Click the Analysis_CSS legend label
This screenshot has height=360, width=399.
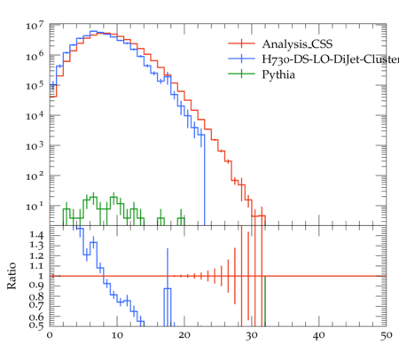click(x=297, y=44)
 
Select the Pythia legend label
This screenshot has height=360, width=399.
click(x=278, y=74)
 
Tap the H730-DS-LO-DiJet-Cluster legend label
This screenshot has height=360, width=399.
click(x=331, y=59)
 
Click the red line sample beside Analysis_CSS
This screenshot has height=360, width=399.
click(x=241, y=43)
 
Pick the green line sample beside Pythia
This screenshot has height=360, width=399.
click(x=241, y=74)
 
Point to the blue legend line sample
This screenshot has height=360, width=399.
click(x=241, y=59)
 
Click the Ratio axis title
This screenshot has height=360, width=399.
click(x=12, y=276)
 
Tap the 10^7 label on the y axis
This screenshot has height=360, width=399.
click(x=35, y=26)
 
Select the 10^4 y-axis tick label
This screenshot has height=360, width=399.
click(x=35, y=116)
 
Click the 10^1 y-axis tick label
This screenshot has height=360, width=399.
click(x=35, y=206)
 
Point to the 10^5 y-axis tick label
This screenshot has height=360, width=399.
click(x=35, y=86)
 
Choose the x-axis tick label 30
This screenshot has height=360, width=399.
click(x=252, y=336)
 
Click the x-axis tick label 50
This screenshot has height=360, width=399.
click(x=387, y=336)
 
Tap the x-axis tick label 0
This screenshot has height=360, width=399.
click(x=50, y=336)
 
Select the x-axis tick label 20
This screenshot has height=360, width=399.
click(x=184, y=336)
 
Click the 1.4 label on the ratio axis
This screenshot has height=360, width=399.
click(x=36, y=236)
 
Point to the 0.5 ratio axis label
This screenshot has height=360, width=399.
click(x=36, y=325)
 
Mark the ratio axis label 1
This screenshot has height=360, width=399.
click(x=41, y=276)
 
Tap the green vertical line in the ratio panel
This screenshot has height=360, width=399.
click(x=265, y=301)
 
